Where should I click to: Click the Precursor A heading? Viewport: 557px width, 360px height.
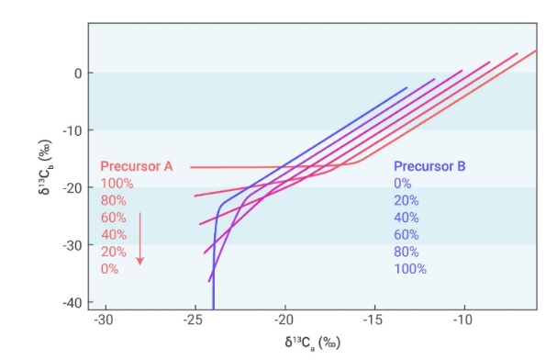[x=137, y=166]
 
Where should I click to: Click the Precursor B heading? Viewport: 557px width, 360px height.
[x=429, y=166]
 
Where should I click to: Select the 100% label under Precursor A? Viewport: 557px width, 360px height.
[x=117, y=184]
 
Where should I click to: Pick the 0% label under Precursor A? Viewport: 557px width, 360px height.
[x=109, y=269]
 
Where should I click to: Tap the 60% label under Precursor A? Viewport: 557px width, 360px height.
[x=113, y=218]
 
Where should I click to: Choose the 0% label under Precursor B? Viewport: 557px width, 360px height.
[x=403, y=184]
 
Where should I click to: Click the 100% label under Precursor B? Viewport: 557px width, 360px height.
[x=410, y=269]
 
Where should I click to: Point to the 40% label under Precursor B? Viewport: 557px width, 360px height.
[x=407, y=218]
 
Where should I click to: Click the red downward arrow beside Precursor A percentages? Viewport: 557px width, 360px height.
[x=140, y=239]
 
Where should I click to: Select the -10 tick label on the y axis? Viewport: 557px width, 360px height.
[x=72, y=130]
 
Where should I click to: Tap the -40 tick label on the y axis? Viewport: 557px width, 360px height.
[x=72, y=303]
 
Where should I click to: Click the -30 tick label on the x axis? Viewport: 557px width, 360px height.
[x=104, y=321]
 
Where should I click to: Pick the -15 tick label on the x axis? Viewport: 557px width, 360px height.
[x=373, y=321]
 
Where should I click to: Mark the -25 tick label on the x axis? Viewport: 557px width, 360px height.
[x=194, y=321]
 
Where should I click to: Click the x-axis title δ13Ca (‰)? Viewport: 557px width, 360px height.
[x=313, y=343]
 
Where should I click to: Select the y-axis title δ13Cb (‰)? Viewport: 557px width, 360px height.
[x=45, y=167]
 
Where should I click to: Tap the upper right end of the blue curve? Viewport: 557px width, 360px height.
[x=407, y=87]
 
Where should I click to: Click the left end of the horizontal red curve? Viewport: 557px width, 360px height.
[x=191, y=167]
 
